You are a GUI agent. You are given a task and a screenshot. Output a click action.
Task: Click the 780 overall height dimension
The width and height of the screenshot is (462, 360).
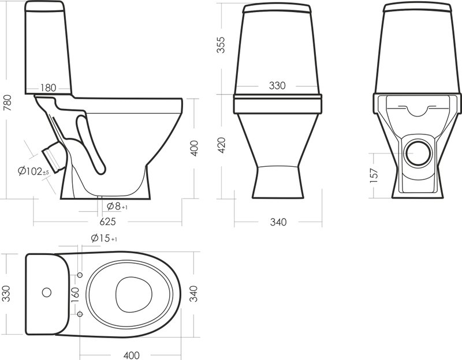point(7,103)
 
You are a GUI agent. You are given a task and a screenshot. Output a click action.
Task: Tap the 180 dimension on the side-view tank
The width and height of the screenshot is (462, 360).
point(48,88)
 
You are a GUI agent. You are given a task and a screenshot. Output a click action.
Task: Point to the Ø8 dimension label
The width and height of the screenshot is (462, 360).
point(117,207)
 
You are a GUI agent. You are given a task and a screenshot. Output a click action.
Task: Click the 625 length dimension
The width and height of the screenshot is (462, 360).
point(107,222)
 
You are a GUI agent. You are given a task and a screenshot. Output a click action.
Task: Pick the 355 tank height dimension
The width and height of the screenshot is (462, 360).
point(221,45)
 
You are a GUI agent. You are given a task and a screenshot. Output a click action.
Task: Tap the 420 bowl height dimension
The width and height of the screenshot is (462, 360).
point(221,145)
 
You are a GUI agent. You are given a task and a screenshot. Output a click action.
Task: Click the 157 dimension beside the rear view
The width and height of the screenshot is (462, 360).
point(374,175)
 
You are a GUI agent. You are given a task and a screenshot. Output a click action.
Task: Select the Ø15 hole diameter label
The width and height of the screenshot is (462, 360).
point(104,238)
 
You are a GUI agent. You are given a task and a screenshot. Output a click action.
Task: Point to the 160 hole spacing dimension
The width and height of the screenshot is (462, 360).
point(76,295)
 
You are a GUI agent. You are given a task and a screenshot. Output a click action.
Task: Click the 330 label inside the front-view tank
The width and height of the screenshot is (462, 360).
point(277,85)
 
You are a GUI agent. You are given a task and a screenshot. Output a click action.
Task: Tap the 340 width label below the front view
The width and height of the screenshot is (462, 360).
point(278,222)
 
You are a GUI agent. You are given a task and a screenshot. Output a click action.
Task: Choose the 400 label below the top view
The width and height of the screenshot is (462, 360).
point(132,355)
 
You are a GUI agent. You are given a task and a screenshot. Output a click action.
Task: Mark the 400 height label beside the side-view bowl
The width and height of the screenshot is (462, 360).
point(194,148)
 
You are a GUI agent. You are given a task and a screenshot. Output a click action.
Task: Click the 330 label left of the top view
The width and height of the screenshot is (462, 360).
point(6,293)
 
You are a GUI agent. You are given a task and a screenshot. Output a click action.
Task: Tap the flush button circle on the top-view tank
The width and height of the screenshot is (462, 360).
point(47,292)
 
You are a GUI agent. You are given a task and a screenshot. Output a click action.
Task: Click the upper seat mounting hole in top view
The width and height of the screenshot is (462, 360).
point(80,275)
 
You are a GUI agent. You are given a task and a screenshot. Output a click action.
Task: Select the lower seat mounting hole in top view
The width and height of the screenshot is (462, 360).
point(80,314)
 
